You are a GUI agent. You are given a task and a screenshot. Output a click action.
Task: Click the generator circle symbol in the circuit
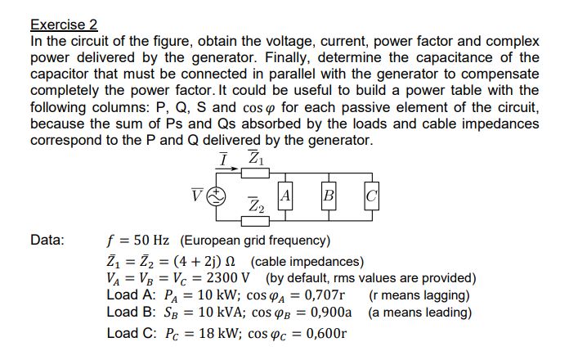219,196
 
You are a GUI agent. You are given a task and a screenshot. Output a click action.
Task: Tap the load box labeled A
285,196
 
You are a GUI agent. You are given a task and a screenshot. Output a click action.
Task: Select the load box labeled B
329,196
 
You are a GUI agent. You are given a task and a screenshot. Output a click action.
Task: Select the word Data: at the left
47,241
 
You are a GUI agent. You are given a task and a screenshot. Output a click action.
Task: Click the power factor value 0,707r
317,295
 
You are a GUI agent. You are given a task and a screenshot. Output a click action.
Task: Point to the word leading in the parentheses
445,312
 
